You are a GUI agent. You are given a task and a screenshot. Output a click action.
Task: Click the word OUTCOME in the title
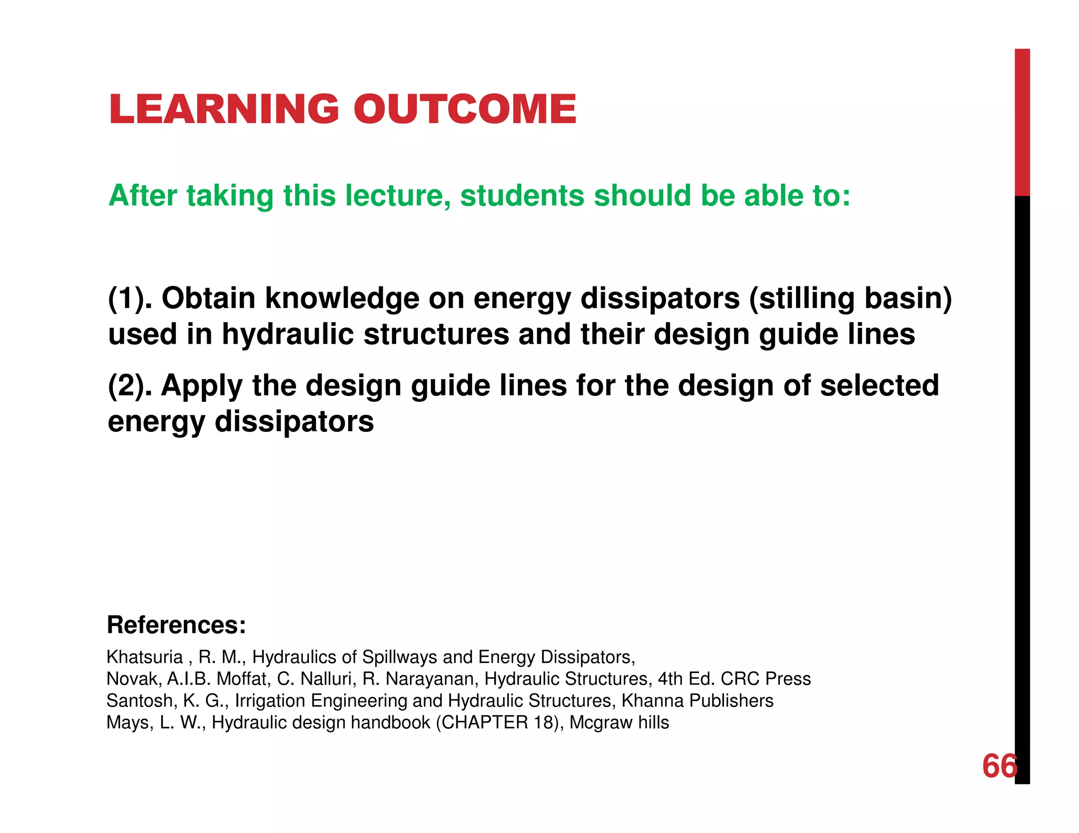point(465,109)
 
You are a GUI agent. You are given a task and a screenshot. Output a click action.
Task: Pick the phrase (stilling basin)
point(850,298)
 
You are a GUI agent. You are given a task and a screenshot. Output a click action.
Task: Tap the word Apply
point(202,385)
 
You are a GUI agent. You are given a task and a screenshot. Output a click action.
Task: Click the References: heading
point(176,625)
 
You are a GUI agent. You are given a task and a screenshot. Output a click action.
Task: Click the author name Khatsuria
point(144,657)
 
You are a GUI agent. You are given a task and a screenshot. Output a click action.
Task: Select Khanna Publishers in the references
point(697,701)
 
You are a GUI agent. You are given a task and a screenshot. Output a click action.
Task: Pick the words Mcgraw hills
point(619,722)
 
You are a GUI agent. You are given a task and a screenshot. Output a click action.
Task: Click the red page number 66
point(999,766)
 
